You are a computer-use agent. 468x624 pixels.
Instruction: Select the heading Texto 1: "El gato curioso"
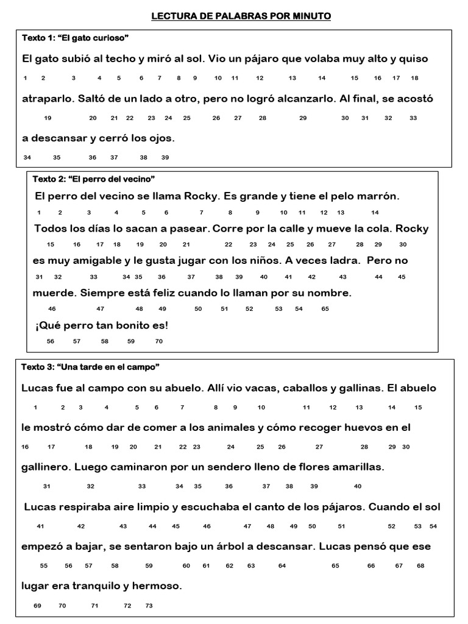pos(75,38)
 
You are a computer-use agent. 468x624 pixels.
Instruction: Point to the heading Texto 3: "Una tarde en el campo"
pos(90,367)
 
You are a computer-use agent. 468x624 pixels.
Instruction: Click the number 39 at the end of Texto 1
pos(165,157)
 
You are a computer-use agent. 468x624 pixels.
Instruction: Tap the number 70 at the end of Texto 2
pos(159,341)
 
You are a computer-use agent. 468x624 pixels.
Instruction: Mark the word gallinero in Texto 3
pos(47,467)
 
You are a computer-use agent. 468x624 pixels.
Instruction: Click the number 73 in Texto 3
pos(149,606)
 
